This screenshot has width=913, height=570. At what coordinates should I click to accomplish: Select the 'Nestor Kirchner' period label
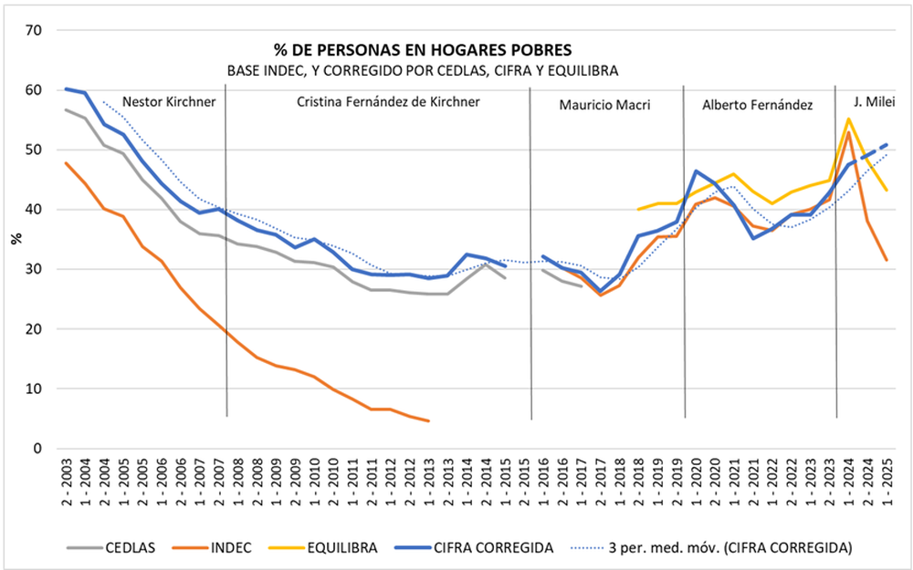coord(169,102)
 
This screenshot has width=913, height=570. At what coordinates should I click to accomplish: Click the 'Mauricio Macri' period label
coord(604,105)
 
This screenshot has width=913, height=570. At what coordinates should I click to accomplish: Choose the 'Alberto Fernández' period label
coord(758,105)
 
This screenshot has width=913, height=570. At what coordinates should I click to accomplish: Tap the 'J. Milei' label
coord(875,100)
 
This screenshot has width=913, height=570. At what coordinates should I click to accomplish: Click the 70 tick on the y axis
coord(36,30)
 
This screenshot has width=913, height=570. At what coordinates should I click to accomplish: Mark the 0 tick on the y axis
coord(39,448)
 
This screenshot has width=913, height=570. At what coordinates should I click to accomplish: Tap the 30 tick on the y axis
coord(36,269)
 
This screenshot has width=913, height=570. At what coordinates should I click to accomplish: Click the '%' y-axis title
coord(15,239)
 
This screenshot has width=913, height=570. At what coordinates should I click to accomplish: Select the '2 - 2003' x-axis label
coord(68,485)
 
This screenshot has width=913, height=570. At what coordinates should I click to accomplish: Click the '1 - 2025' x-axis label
coord(887,485)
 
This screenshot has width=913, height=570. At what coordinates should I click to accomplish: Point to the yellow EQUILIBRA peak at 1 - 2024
coord(849,119)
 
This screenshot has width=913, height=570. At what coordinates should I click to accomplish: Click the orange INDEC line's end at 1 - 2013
coord(428,420)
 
